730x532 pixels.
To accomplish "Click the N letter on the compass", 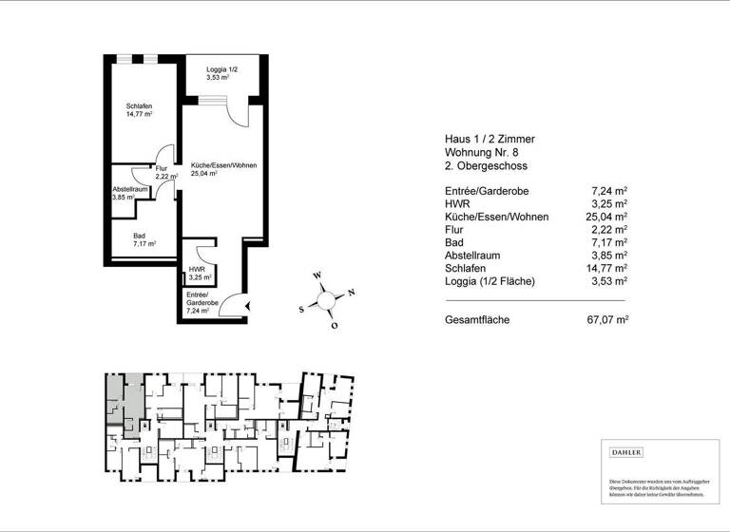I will [x=352, y=292].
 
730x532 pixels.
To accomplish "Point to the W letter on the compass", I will [x=318, y=276].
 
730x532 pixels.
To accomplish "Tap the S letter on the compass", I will [x=302, y=309].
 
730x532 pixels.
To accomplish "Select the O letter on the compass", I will [x=335, y=325].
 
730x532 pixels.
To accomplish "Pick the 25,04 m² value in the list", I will [x=607, y=217].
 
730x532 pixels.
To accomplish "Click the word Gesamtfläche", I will [x=477, y=320].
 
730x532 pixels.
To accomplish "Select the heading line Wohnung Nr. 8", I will [x=482, y=152].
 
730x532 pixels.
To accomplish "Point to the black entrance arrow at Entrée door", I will [x=247, y=306].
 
